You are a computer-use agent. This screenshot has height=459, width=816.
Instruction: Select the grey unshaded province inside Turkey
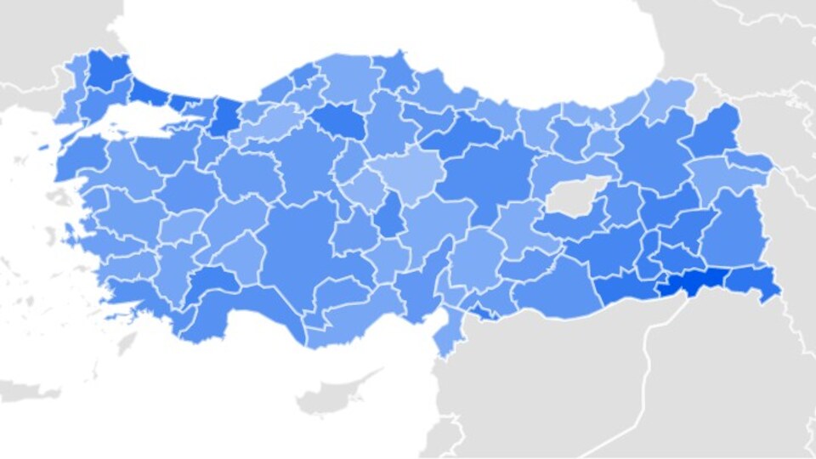pos(571,197)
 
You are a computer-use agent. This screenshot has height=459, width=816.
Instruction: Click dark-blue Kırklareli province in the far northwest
pos(105,68)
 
